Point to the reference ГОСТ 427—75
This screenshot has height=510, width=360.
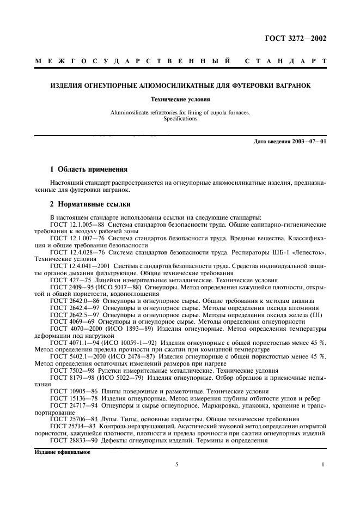[x=69, y=278]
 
